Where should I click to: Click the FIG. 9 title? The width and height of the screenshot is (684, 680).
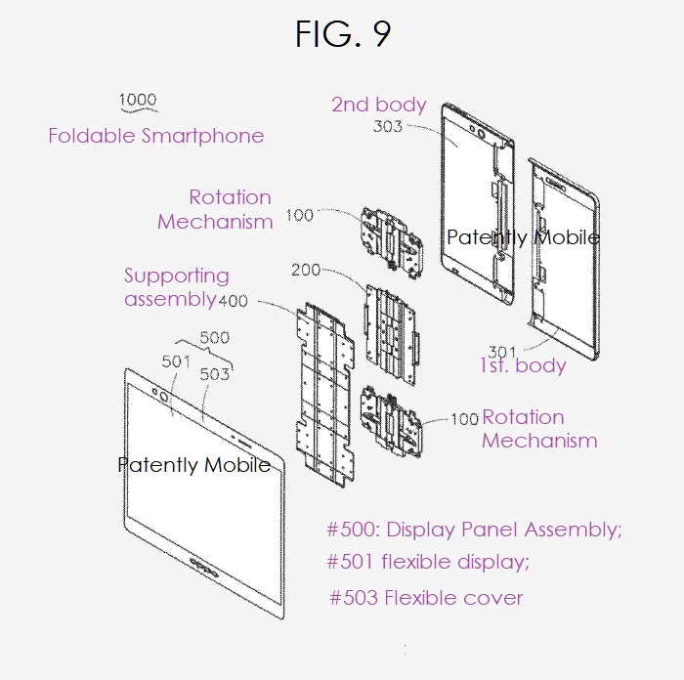click(x=343, y=33)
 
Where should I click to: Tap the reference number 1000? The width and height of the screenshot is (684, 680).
click(x=138, y=100)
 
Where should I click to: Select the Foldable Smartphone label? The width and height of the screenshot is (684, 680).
click(x=156, y=136)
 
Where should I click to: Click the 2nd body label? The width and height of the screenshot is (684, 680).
click(x=379, y=105)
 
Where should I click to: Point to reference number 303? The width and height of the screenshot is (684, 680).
click(x=387, y=126)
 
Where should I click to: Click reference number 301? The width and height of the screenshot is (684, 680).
click(x=502, y=352)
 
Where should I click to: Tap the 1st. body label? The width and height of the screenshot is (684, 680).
click(x=523, y=365)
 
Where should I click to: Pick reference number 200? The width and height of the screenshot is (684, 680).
click(x=306, y=270)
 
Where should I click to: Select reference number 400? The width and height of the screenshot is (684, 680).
click(x=233, y=301)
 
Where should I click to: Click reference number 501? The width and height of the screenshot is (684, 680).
click(x=176, y=361)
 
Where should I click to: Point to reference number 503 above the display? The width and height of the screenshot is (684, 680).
click(x=214, y=374)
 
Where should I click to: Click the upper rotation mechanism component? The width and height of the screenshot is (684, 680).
click(x=391, y=242)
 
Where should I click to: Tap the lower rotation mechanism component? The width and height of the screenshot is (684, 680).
click(x=391, y=421)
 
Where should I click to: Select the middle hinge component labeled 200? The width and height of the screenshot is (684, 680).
click(x=391, y=335)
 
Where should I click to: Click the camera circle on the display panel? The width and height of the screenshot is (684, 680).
click(x=164, y=397)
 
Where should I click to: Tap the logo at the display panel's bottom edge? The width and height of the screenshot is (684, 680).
click(x=203, y=566)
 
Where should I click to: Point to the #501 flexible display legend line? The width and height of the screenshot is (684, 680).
click(x=428, y=562)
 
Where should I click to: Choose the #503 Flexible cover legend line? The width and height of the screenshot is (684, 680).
click(x=426, y=598)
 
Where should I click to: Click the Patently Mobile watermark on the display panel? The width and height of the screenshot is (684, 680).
click(x=194, y=465)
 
